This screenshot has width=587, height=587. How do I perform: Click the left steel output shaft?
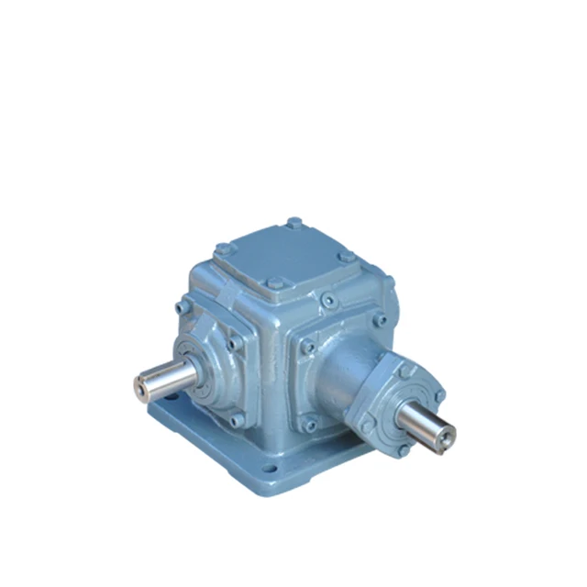click(x=165, y=381)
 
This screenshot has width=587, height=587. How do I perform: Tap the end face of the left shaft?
click(x=138, y=389)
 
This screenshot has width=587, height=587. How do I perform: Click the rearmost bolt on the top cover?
click(x=293, y=222)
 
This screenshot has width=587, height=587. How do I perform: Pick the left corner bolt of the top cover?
click(x=222, y=248)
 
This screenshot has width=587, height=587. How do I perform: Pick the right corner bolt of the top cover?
click(x=345, y=259)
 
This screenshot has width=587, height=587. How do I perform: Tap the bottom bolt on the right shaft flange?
click(x=404, y=449)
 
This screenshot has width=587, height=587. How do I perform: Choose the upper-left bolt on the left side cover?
click(x=186, y=305)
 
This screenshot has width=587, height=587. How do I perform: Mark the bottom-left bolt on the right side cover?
click(x=309, y=424)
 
